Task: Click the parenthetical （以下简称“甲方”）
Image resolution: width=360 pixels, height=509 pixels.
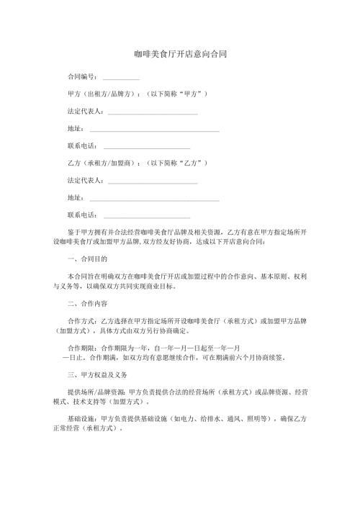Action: pyautogui.click(x=177, y=94)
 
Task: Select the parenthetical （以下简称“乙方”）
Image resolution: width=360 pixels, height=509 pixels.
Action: pyautogui.click(x=177, y=163)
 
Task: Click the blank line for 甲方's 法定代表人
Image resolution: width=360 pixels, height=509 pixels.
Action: pyautogui.click(x=152, y=113)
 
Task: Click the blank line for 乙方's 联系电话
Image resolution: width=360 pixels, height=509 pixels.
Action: pyautogui.click(x=147, y=215)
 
